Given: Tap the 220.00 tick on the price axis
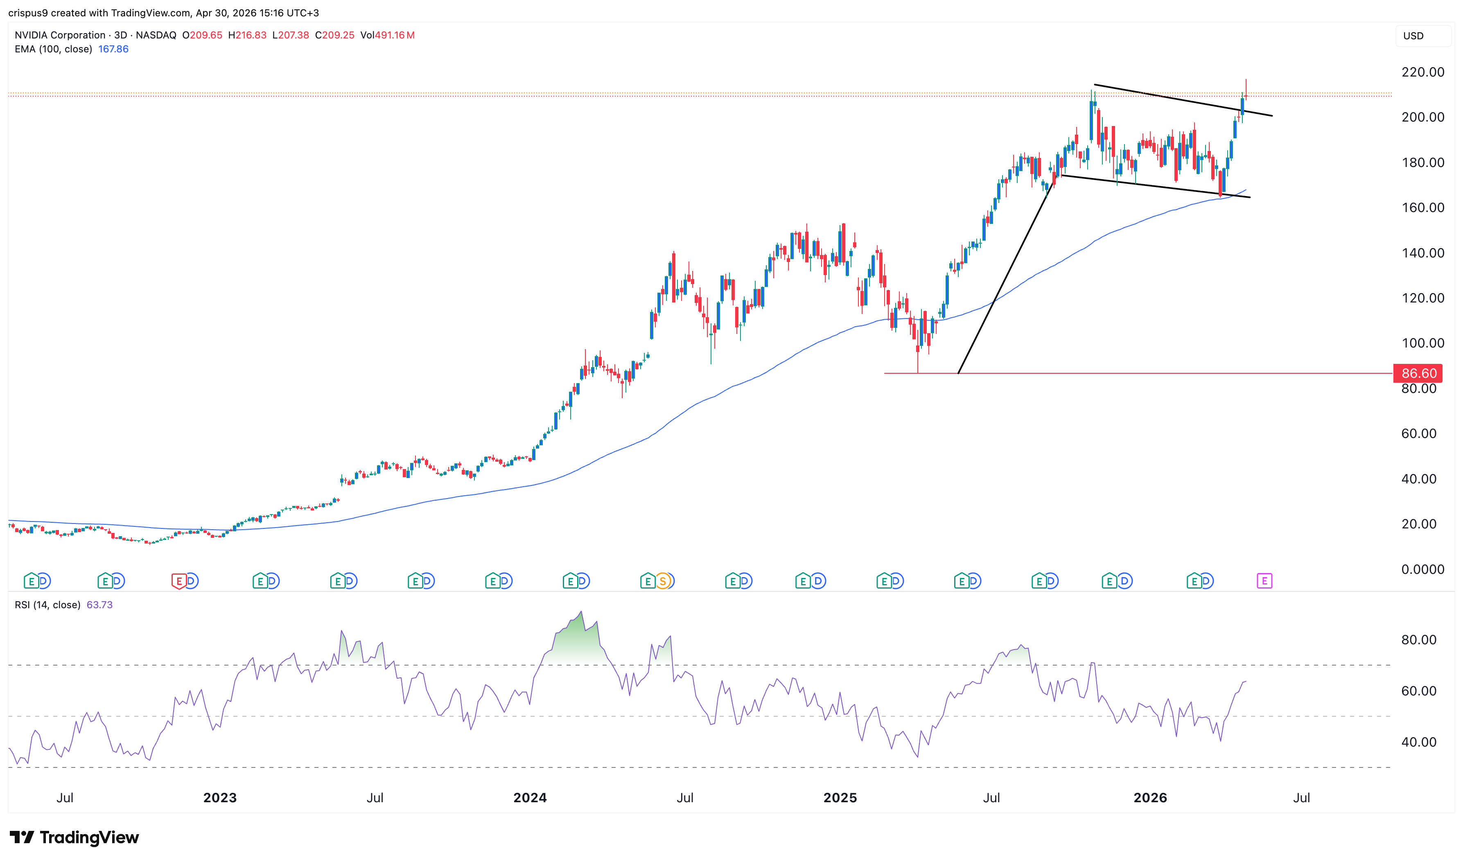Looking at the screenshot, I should coord(1422,72).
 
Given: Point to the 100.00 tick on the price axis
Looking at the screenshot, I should coord(1422,343).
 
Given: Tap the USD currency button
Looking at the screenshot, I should coord(1413,36).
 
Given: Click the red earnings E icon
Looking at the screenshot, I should coord(178,581).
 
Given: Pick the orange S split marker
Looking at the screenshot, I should coord(663,581).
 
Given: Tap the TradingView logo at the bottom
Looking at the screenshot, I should coord(75,837).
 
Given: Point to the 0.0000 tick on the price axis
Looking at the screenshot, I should coord(1422,570).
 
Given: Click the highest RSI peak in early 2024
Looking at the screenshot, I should coord(581,612).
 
